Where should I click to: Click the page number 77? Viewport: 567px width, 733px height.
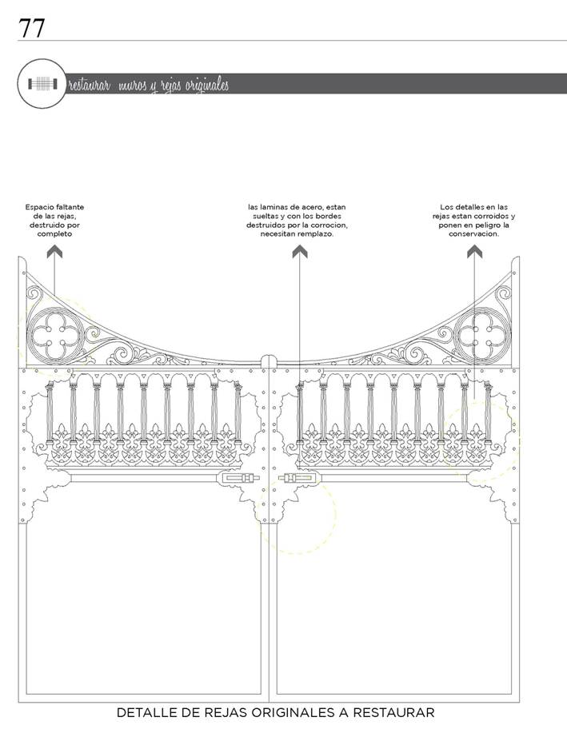tap(31, 28)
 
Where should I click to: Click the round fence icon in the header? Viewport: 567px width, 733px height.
tap(42, 84)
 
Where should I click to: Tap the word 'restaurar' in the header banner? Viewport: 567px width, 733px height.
tap(90, 85)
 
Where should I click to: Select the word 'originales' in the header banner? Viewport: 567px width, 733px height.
tap(207, 85)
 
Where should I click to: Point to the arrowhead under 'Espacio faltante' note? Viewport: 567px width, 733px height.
tap(54, 252)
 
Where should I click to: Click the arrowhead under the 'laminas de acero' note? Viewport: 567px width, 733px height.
tap(299, 252)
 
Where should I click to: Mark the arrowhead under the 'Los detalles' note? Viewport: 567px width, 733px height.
tap(474, 252)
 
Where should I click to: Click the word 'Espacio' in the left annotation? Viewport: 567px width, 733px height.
tap(39, 207)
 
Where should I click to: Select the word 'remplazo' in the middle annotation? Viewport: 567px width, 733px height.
tap(318, 233)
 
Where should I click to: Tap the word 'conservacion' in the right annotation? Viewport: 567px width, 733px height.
tap(474, 233)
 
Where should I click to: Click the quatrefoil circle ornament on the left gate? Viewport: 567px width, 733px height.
tap(56, 336)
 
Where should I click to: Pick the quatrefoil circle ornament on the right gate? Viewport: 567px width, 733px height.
tap(482, 336)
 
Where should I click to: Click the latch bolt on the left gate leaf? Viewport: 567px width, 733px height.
tap(238, 478)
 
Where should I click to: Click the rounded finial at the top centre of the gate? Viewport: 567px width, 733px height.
tap(269, 362)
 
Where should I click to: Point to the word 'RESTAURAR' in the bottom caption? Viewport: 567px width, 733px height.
tap(393, 712)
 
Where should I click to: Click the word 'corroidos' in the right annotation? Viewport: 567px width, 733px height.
tap(493, 216)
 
